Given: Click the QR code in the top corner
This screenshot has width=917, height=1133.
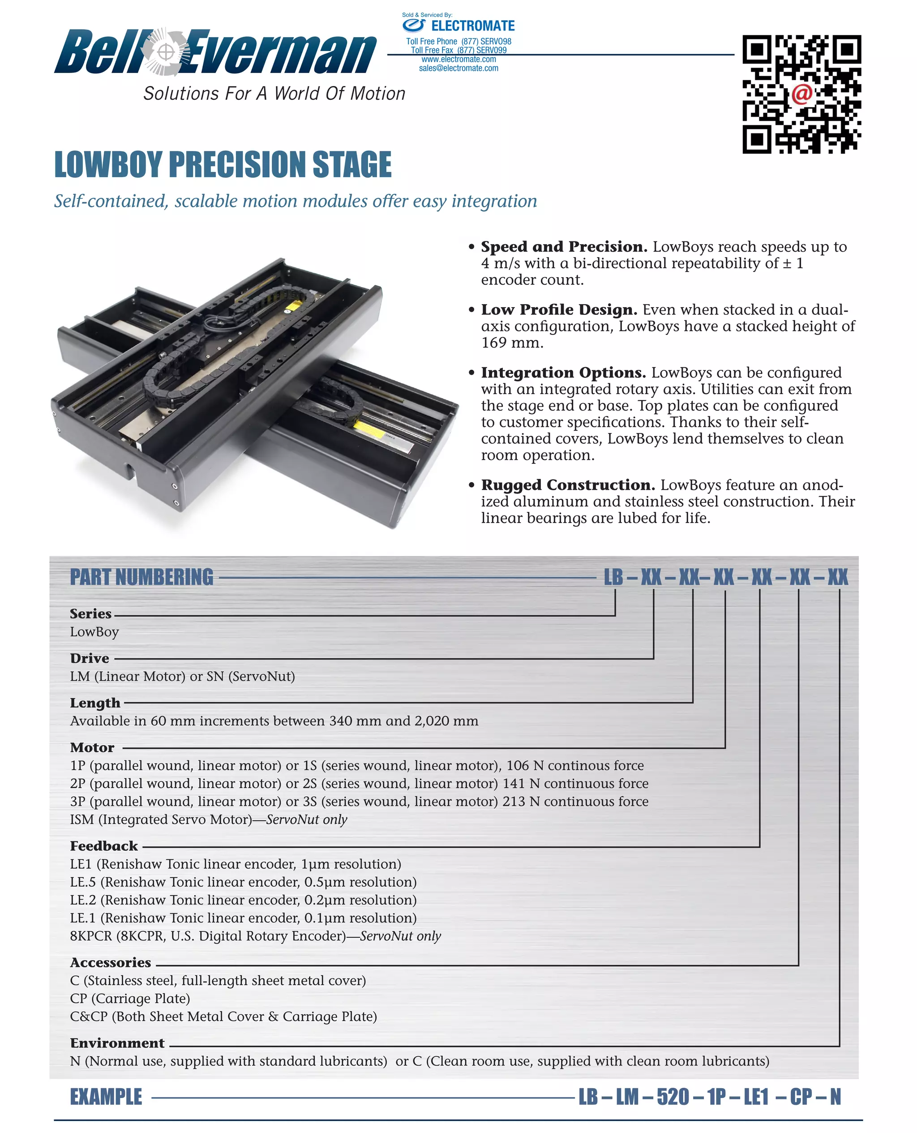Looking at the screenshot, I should pyautogui.click(x=801, y=94).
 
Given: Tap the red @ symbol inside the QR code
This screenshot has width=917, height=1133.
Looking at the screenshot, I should pyautogui.click(x=801, y=94).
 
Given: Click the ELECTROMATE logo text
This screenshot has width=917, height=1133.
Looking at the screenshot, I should pyautogui.click(x=472, y=26).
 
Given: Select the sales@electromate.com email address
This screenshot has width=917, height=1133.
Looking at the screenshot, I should pyautogui.click(x=458, y=68).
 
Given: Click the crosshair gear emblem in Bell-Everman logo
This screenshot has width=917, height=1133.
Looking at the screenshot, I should pyautogui.click(x=166, y=52).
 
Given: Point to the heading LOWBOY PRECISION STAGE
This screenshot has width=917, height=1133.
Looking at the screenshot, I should pyautogui.click(x=223, y=164).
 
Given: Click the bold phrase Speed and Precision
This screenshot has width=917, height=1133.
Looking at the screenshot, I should pyautogui.click(x=564, y=247).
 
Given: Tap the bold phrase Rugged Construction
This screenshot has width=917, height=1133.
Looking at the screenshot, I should pyautogui.click(x=567, y=485).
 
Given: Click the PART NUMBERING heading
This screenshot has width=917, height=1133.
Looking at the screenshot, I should pyautogui.click(x=141, y=577).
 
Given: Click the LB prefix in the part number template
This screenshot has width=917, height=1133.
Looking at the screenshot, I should pyautogui.click(x=613, y=577).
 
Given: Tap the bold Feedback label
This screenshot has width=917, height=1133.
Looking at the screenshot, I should pyautogui.click(x=103, y=845).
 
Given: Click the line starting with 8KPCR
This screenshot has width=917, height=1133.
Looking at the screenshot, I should pyautogui.click(x=255, y=936).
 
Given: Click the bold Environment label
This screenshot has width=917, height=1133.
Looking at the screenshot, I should pyautogui.click(x=117, y=1043).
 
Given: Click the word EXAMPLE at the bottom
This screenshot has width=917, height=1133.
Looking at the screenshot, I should pyautogui.click(x=106, y=1097).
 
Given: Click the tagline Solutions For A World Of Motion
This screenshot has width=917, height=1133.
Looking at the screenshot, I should pyautogui.click(x=274, y=94).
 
